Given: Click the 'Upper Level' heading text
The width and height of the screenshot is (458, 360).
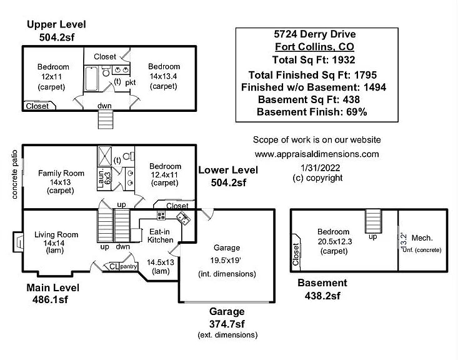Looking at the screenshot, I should pos(56,24).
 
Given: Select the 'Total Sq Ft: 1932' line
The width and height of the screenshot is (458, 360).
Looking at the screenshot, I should pos(314,60).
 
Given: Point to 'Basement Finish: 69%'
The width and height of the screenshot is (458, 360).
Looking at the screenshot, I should pos(312,112).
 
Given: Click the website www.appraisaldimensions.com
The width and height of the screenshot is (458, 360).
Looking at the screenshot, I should pos(317,154).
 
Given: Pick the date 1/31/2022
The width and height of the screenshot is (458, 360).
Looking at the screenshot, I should pos(317,168).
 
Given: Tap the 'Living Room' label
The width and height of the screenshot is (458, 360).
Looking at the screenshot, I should pos(56,235).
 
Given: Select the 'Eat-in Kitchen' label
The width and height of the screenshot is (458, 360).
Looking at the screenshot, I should pos(161,236).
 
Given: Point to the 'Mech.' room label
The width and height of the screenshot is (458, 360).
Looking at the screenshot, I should pos(422,238).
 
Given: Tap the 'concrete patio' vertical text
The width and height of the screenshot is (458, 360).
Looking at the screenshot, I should pos(14,174).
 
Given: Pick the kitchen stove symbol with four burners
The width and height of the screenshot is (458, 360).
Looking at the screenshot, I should pos(161,216).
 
